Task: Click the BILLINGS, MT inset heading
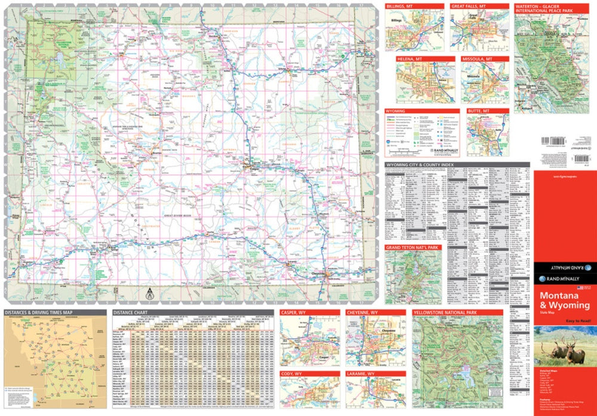pyautogui.click(x=401, y=6)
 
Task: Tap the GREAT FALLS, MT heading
pyautogui.click(x=468, y=6)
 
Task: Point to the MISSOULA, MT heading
pyautogui.click(x=477, y=60)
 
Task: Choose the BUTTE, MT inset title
pyautogui.click(x=477, y=111)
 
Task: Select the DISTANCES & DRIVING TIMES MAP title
pyautogui.click(x=38, y=312)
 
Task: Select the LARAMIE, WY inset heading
pyautogui.click(x=362, y=374)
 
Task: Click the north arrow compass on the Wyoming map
pyautogui.click(x=148, y=293)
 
